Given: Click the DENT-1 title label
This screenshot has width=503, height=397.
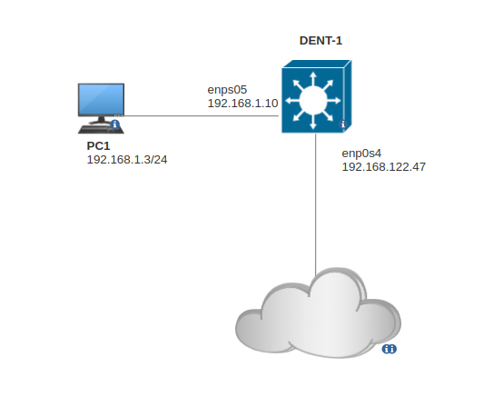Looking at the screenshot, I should coord(326,41).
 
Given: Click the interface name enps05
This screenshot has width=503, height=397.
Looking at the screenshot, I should coord(227,89).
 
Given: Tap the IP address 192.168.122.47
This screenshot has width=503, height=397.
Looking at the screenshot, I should coord(383,167).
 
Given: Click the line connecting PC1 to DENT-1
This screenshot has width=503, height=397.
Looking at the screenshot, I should coord(200,116).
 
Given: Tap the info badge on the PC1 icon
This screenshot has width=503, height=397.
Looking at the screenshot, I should coord(115,124).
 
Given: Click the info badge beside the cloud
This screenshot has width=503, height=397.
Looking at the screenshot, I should coord(389,349).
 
